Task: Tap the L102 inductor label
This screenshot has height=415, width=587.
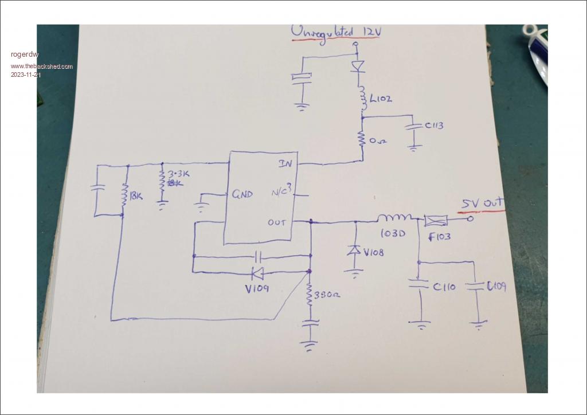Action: tap(381, 99)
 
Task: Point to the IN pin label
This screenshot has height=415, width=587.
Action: tap(285, 164)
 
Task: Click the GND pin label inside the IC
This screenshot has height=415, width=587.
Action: tap(242, 194)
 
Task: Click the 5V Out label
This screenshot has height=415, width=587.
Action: tap(483, 203)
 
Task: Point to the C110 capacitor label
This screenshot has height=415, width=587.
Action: tap(444, 287)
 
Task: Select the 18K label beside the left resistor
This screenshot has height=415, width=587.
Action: tap(136, 197)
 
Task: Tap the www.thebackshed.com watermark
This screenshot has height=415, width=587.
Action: tap(42, 66)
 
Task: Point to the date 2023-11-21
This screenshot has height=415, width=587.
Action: tap(26, 75)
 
